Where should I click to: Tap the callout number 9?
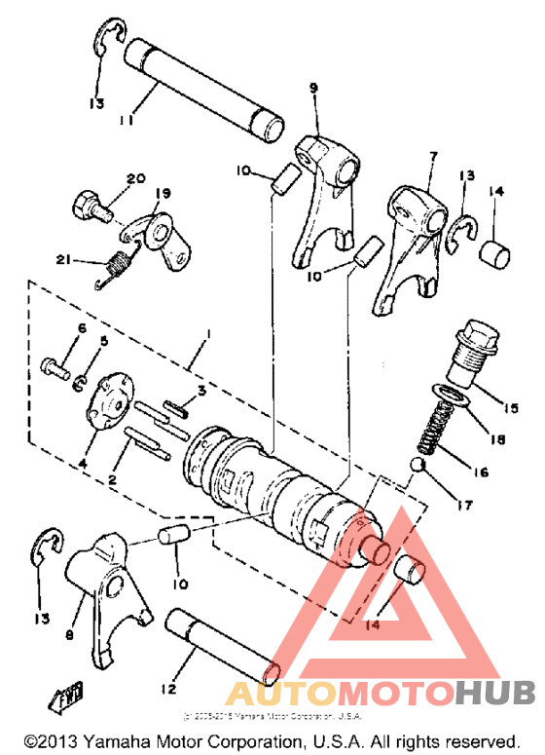313,89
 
